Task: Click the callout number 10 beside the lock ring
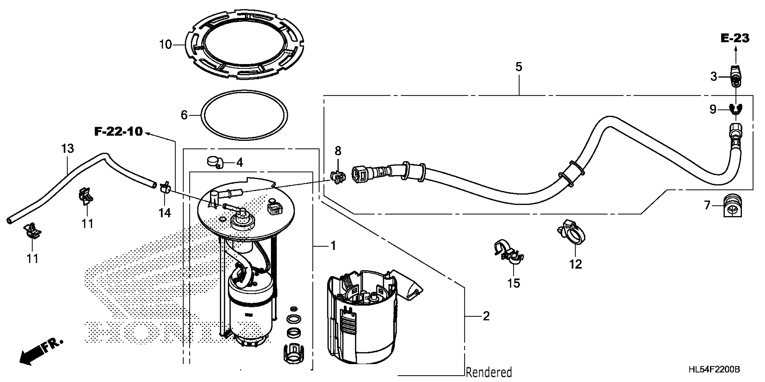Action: (165, 44)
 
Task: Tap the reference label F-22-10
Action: (119, 131)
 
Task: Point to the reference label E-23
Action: (735, 38)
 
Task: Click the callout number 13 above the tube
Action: (67, 148)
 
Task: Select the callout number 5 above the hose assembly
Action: (519, 67)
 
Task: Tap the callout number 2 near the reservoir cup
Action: (486, 316)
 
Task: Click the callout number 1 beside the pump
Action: (333, 246)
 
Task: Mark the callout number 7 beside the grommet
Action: (707, 205)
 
